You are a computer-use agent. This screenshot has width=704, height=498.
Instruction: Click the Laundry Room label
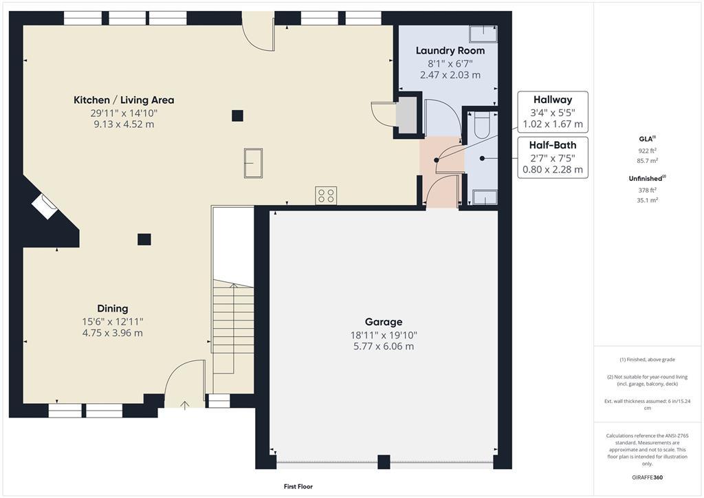click(x=450, y=51)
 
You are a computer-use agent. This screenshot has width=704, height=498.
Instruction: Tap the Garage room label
click(x=384, y=322)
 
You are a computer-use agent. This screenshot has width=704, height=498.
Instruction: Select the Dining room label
click(x=113, y=309)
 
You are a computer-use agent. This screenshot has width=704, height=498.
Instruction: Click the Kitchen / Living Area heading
click(x=124, y=100)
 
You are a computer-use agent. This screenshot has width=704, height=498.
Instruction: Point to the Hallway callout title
click(x=553, y=100)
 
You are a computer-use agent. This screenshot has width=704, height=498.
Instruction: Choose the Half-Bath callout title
click(x=553, y=145)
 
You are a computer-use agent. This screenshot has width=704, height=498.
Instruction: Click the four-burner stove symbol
click(x=326, y=195)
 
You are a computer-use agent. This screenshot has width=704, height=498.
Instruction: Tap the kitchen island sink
click(x=253, y=163)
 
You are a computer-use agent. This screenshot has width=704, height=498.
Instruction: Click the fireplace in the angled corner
click(x=45, y=206)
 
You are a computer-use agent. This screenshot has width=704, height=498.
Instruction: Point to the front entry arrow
click(x=184, y=406)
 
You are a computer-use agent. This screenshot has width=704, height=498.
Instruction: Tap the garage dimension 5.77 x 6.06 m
click(x=384, y=346)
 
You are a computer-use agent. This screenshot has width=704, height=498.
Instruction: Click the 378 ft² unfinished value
click(x=647, y=191)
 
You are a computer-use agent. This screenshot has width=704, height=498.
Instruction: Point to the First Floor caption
click(x=298, y=486)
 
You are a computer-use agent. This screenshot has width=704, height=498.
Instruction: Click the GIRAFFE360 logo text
click(x=647, y=477)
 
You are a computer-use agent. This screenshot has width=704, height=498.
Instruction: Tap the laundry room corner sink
click(x=483, y=34)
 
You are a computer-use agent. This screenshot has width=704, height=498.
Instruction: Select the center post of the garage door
click(x=384, y=462)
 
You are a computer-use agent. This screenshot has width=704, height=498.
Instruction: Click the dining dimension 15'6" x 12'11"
click(x=113, y=321)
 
